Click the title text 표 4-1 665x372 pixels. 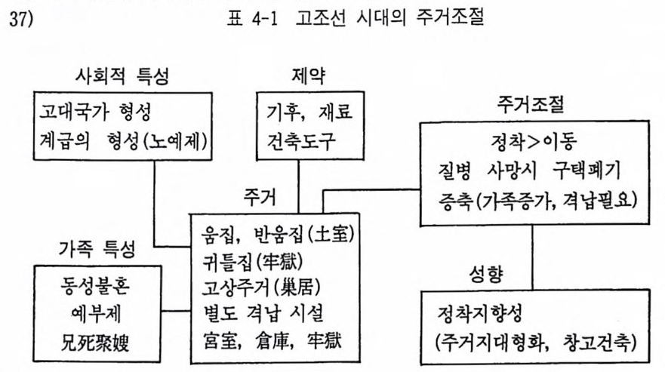point(252,19)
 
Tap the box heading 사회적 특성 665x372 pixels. point(122,77)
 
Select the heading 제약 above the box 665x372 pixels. point(309,76)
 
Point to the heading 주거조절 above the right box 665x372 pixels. point(531,104)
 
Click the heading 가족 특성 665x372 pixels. point(97,248)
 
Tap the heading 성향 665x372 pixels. point(486,275)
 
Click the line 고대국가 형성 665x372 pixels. point(95,112)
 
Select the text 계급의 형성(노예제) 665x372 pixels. point(124,141)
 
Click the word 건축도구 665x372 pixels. point(300,141)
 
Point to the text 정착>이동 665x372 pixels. point(534,143)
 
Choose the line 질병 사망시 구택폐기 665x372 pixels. point(529,171)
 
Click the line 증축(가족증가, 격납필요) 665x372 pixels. point(537,200)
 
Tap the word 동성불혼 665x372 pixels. point(95,285)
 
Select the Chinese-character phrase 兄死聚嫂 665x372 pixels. point(95,343)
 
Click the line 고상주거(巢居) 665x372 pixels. point(261,288)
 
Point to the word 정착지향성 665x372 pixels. point(479,314)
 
